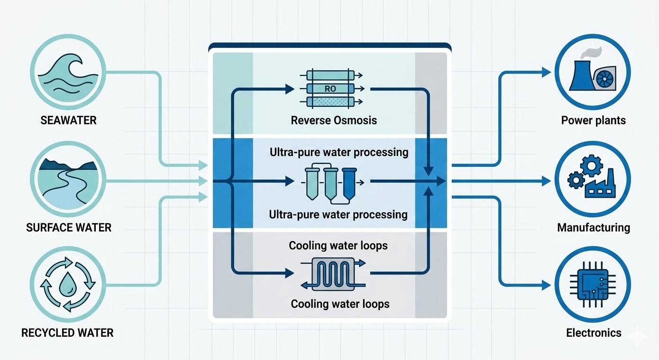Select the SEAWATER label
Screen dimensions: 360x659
point(68,120)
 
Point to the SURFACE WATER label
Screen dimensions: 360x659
point(69,228)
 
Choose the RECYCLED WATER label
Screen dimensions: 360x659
point(68,332)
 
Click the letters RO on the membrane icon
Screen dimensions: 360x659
point(330,88)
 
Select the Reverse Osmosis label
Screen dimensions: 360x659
point(334,120)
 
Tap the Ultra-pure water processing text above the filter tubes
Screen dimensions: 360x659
point(339,152)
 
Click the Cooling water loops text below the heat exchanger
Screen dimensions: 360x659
point(340,304)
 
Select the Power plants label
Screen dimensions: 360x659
point(593,120)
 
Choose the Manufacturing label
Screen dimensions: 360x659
point(593,228)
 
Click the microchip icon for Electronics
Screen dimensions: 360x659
point(593,286)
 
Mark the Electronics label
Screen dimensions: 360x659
point(593,332)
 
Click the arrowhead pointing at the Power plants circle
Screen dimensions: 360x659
point(547,73)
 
